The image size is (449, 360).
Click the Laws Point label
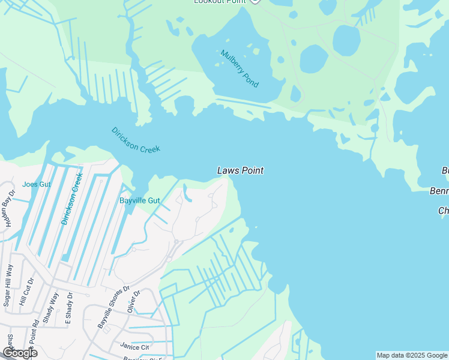[240, 171]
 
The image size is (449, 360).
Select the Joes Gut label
[37, 184]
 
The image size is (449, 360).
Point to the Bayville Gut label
[139, 200]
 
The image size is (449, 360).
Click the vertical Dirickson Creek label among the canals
[71, 199]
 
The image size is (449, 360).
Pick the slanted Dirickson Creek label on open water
[136, 140]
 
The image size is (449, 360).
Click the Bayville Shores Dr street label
[113, 307]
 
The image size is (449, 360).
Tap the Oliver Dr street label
[133, 302]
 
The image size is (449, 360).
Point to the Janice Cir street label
[134, 347]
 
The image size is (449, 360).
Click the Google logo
[20, 353]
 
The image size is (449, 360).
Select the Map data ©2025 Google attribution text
[412, 355]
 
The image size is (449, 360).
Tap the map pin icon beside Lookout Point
[255, 2]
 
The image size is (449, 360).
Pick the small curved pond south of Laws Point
[187, 194]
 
